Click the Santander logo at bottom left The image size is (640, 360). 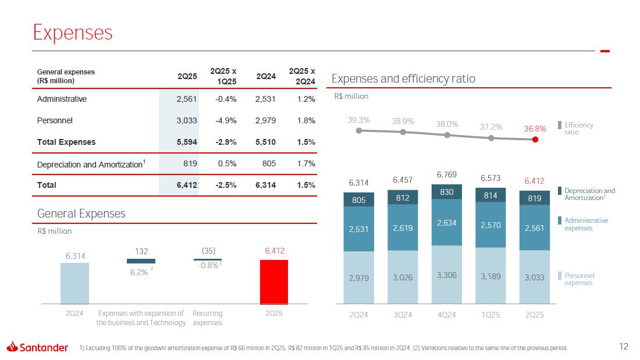[37, 348]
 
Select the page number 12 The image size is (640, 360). [624, 347]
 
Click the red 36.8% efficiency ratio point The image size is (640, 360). [535, 139]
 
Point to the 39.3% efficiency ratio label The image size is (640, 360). [359, 120]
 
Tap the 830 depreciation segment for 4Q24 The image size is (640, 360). [447, 192]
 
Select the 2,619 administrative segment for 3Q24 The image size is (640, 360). [403, 228]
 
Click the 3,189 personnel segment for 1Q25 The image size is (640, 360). [490, 276]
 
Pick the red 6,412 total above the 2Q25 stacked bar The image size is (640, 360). [534, 181]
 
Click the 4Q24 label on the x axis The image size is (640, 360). [447, 315]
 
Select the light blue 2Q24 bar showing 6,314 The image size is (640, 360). [74, 283]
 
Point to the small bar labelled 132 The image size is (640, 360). [141, 261]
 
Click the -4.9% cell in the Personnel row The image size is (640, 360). [225, 120]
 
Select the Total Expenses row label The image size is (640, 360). [66, 142]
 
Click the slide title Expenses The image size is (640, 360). [73, 33]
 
